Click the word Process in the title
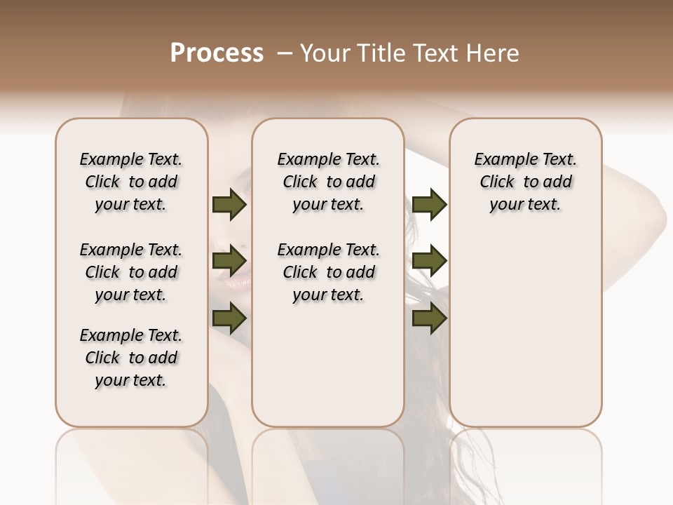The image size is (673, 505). [217, 53]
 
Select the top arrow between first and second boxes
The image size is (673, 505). [229, 204]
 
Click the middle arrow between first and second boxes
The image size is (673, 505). [229, 262]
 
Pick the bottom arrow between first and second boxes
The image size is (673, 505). [229, 319]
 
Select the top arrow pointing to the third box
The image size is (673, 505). [429, 204]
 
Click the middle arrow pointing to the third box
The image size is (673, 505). [429, 262]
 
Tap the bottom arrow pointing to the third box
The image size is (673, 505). [429, 319]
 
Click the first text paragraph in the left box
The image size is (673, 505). [131, 182]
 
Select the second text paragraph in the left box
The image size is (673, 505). [131, 272]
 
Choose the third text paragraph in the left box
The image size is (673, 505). [131, 358]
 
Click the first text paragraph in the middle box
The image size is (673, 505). [328, 182]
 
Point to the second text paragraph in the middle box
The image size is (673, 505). [328, 272]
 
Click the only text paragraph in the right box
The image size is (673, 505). [525, 182]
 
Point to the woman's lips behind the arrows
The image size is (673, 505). [237, 283]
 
